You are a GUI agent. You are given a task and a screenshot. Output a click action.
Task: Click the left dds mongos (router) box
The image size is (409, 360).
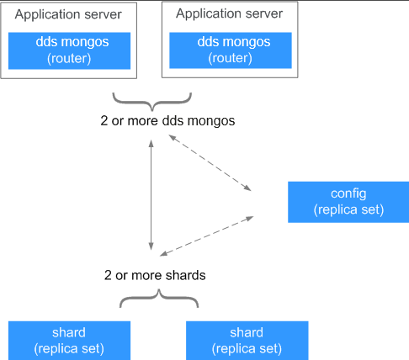click(69, 50)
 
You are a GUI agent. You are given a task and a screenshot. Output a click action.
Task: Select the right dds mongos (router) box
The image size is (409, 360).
click(231, 50)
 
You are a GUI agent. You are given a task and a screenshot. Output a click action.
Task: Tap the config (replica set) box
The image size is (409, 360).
click(348, 202)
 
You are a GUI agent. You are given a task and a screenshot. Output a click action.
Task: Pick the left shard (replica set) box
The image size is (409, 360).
click(69, 341)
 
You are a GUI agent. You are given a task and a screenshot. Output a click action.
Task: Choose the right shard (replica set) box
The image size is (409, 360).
click(247, 341)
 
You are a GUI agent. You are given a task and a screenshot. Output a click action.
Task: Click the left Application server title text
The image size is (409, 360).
click(68, 14)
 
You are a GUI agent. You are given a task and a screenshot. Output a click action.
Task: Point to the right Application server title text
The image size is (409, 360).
click(229, 13)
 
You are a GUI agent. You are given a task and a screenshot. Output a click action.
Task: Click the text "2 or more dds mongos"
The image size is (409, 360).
click(167, 121)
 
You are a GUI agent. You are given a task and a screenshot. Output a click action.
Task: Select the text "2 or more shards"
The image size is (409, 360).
click(155, 275)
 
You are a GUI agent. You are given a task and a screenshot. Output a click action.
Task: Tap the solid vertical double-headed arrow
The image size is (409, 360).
click(151, 195)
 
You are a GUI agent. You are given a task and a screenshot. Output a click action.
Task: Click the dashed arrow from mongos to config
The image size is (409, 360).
click(210, 163)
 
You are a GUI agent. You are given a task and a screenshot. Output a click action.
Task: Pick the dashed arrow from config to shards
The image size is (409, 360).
click(206, 236)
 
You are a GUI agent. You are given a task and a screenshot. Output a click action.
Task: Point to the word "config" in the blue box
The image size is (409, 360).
click(348, 193)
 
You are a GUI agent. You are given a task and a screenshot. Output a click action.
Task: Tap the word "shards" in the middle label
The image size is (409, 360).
click(185, 275)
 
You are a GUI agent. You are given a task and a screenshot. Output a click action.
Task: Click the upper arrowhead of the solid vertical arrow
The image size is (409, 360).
click(151, 144)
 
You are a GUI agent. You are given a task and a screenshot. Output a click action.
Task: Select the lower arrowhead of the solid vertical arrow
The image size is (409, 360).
click(151, 246)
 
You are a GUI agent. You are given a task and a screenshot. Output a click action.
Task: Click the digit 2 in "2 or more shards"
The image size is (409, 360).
click(108, 275)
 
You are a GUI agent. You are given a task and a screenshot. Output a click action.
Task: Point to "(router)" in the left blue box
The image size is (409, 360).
click(69, 59)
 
